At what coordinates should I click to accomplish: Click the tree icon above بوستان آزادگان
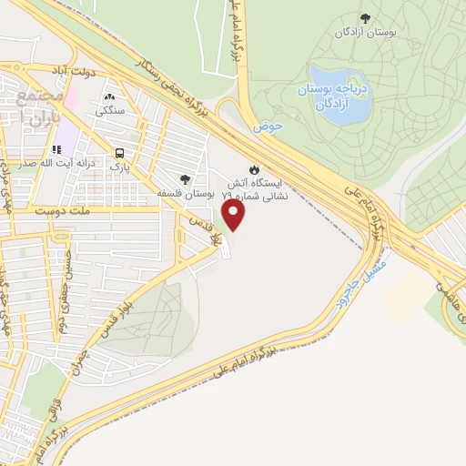365,17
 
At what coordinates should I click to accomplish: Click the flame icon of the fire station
256,168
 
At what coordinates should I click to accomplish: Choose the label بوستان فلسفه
186,193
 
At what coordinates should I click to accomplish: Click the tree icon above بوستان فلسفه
186,179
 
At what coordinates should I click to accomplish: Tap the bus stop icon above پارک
120,154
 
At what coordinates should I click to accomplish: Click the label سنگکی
111,110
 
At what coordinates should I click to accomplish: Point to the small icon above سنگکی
111,96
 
